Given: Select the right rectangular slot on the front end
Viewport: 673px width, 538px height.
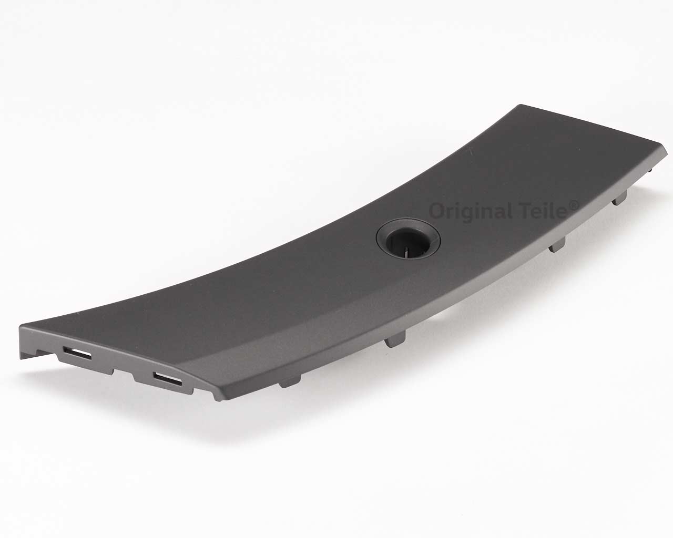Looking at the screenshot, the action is click(167, 378).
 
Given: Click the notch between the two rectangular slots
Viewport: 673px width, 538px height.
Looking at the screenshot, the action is click(123, 374).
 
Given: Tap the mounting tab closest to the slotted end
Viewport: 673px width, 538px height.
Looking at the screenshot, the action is click(290, 382).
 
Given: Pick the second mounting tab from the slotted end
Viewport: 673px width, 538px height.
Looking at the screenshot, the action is click(395, 342).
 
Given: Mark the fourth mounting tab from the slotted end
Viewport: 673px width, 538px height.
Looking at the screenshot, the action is click(619, 198).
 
